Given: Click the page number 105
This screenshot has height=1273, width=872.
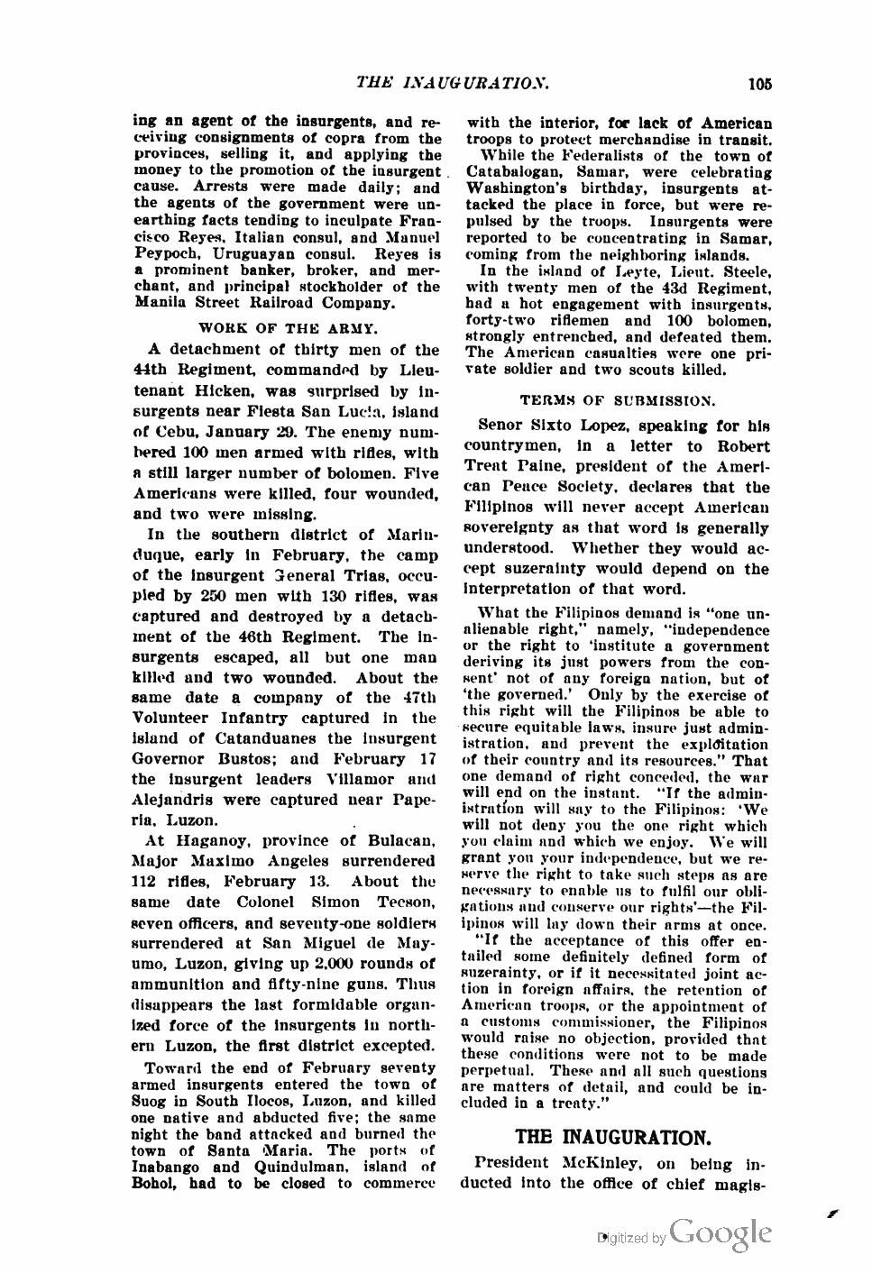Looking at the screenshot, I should click(760, 84).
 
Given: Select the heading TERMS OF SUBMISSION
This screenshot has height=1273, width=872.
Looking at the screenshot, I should click(618, 398).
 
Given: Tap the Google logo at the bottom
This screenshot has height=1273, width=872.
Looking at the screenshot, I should click(721, 1232).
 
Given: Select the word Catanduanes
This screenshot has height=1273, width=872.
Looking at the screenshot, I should click(252, 738).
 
